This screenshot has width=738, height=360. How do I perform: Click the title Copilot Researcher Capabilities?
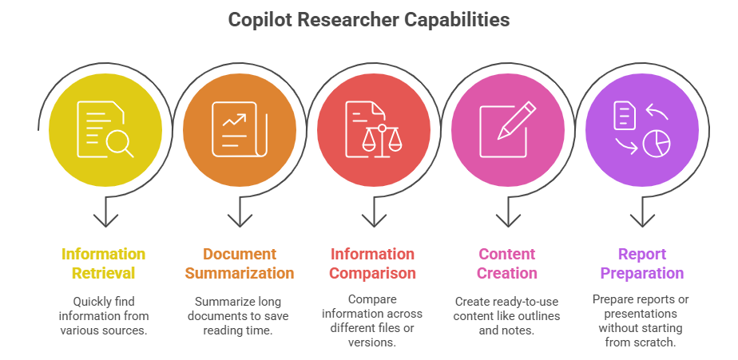(x=369, y=20)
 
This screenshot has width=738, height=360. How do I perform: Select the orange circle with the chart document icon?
(x=239, y=130)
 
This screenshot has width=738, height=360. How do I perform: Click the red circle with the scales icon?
(x=374, y=130)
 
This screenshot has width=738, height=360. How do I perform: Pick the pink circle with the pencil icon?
(x=508, y=130)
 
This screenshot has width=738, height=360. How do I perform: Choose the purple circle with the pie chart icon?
(x=642, y=130)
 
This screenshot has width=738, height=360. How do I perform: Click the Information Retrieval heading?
(x=104, y=263)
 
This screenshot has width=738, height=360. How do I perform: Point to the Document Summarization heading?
(x=239, y=263)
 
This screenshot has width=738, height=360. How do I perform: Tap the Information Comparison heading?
(x=373, y=263)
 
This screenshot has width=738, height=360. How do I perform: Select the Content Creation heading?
(x=507, y=263)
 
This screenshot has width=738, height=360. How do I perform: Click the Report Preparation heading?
(x=641, y=263)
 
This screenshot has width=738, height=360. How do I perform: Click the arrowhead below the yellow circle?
(x=105, y=218)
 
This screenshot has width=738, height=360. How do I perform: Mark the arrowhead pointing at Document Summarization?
(x=239, y=218)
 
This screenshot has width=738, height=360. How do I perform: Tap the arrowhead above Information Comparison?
(x=373, y=218)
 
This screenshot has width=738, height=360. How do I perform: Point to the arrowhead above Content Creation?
(x=507, y=218)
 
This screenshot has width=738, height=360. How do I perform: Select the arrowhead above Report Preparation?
(x=642, y=218)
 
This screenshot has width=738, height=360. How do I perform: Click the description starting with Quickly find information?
(x=104, y=315)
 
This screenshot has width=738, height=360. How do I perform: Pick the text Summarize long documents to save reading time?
(x=239, y=315)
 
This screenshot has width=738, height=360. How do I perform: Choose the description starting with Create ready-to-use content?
(x=507, y=315)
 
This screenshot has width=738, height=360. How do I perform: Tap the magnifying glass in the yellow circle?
(x=119, y=144)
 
